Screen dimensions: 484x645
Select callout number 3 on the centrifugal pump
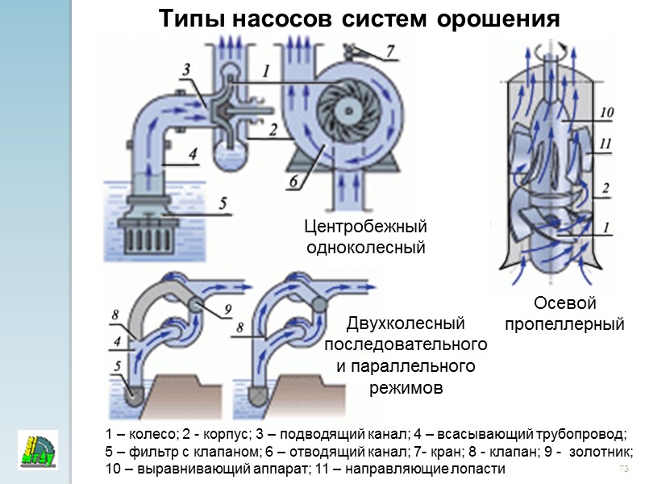click(186, 72)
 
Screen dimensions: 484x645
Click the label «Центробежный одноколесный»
click(365, 236)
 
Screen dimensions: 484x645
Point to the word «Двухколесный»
click(406, 324)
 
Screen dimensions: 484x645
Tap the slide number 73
click(622, 469)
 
